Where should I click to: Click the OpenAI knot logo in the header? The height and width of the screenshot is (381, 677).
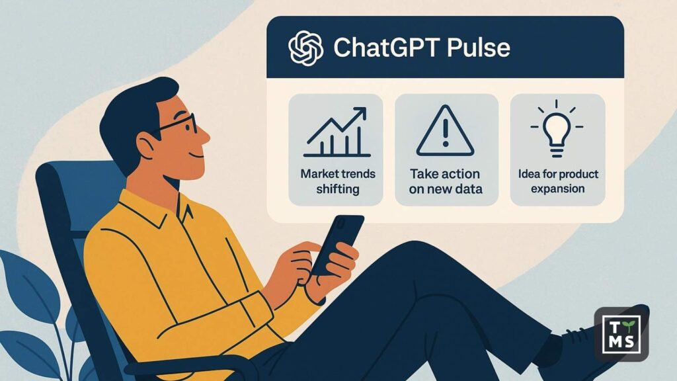click(305, 48)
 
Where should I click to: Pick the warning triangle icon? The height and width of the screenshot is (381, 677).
click(445, 130)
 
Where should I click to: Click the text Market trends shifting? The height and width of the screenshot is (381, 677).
click(337, 182)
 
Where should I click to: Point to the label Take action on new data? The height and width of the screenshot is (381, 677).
click(446, 182)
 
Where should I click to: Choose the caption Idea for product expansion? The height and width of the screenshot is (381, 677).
click(557, 181)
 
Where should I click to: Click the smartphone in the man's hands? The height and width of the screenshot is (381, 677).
click(338, 242)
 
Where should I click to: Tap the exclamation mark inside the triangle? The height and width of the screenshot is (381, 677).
click(445, 134)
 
